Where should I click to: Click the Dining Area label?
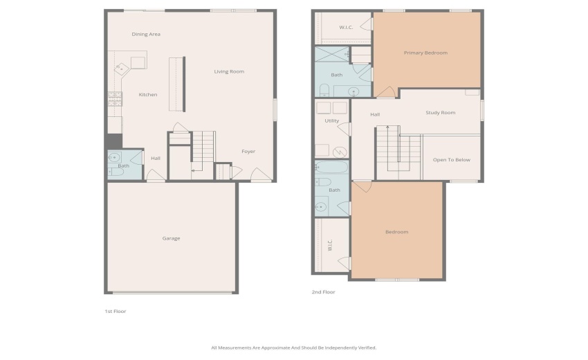click(x=146, y=34)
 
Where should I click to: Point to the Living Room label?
click(x=228, y=71)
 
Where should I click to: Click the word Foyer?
click(x=248, y=152)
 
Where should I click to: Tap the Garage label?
click(x=171, y=238)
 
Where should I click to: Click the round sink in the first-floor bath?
click(x=115, y=158)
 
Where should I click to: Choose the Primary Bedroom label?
click(x=425, y=53)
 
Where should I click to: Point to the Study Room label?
click(x=440, y=112)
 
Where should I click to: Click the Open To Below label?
click(x=451, y=160)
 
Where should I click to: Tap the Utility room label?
click(x=331, y=121)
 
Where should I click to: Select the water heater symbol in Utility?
click(x=340, y=152)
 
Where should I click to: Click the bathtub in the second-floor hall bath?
click(x=332, y=167)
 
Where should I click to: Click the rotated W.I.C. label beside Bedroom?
click(x=330, y=245)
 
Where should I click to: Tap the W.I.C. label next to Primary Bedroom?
click(x=346, y=27)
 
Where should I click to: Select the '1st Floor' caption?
click(x=115, y=312)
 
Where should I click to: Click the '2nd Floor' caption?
click(x=323, y=292)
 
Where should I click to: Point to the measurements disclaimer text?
click(x=293, y=348)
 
